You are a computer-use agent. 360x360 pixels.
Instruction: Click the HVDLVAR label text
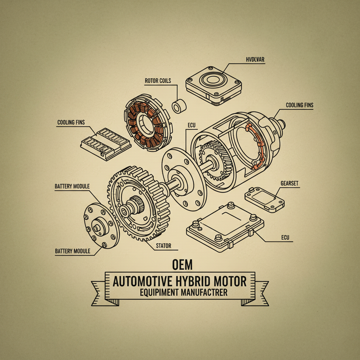tap(255, 59)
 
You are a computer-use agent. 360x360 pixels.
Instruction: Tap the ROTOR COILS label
tap(158, 81)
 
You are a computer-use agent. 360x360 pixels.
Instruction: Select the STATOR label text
tap(163, 245)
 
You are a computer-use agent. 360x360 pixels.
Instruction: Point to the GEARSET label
tap(290, 184)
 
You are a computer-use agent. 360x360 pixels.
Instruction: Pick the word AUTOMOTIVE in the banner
tap(142, 281)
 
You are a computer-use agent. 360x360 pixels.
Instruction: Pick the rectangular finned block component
tap(105, 143)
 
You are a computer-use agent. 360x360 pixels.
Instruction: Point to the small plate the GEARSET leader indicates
tap(265, 198)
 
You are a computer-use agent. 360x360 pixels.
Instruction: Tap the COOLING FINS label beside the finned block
tap(71, 122)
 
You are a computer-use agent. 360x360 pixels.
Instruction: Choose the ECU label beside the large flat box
tap(285, 238)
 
